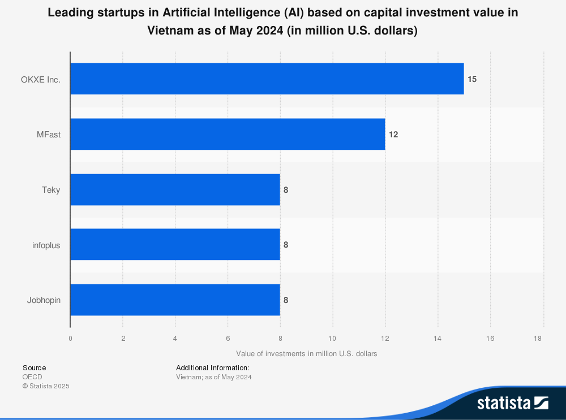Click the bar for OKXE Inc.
pyautogui.click(x=267, y=79)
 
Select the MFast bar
pyautogui.click(x=228, y=135)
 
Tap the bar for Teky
pyautogui.click(x=175, y=190)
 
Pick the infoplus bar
pyautogui.click(x=175, y=245)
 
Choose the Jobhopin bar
pyautogui.click(x=175, y=300)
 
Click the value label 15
pyautogui.click(x=472, y=79)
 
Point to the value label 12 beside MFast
pyautogui.click(x=393, y=135)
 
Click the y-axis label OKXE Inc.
pyautogui.click(x=41, y=79)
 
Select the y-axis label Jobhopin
pyautogui.click(x=44, y=300)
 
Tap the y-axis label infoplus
pyautogui.click(x=46, y=245)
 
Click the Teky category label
pyautogui.click(x=51, y=190)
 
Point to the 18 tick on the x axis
pyautogui.click(x=538, y=339)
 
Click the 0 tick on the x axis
pyautogui.click(x=70, y=339)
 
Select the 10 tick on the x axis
pyautogui.click(x=332, y=339)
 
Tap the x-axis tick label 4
pyautogui.click(x=175, y=339)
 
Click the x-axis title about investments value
pyautogui.click(x=306, y=354)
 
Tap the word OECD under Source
pyautogui.click(x=32, y=377)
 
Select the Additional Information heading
pyautogui.click(x=212, y=368)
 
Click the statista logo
pyautogui.click(x=512, y=403)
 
